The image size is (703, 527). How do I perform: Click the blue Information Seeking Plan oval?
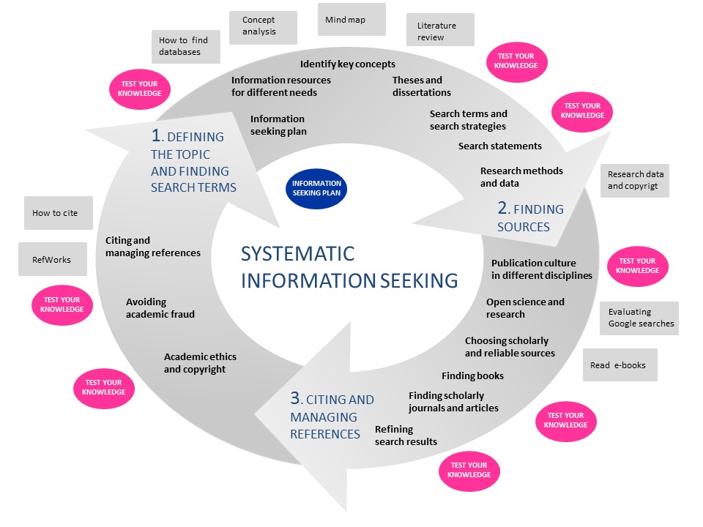tap(317, 188)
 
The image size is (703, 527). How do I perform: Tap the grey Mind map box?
tap(351, 20)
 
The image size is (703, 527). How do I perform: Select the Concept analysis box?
tap(263, 27)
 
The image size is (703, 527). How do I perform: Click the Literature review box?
tap(440, 31)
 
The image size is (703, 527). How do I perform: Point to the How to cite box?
tap(59, 213)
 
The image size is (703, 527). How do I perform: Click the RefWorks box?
tap(53, 259)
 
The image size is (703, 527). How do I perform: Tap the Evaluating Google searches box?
tap(639, 318)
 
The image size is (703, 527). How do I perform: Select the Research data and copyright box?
tap(635, 180)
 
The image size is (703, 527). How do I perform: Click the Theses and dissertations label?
tap(421, 86)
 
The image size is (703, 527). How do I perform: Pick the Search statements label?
tap(500, 146)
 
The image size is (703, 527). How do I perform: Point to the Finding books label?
tap(472, 375)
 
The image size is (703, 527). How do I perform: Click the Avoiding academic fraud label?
tap(160, 308)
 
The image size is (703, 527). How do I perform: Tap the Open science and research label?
tap(525, 308)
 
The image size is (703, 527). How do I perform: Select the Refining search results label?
tap(406, 436)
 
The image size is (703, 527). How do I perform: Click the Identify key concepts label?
tap(348, 64)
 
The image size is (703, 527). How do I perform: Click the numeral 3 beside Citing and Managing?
tap(295, 398)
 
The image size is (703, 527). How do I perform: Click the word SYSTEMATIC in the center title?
tap(298, 254)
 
